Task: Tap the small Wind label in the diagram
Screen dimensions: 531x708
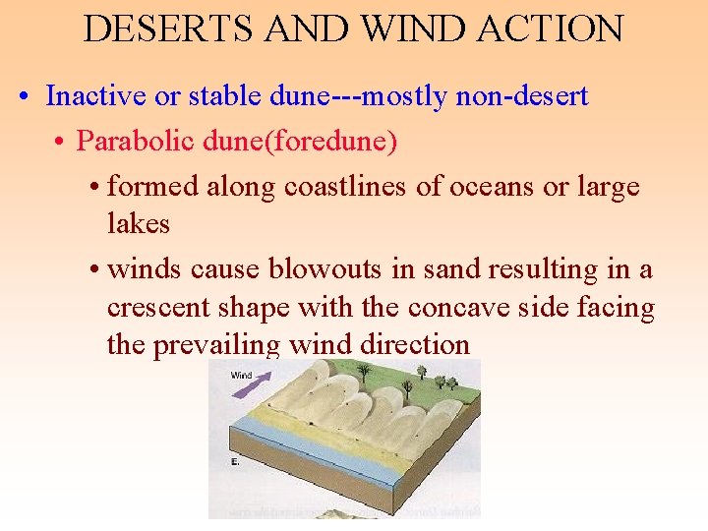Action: [x=241, y=375]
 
